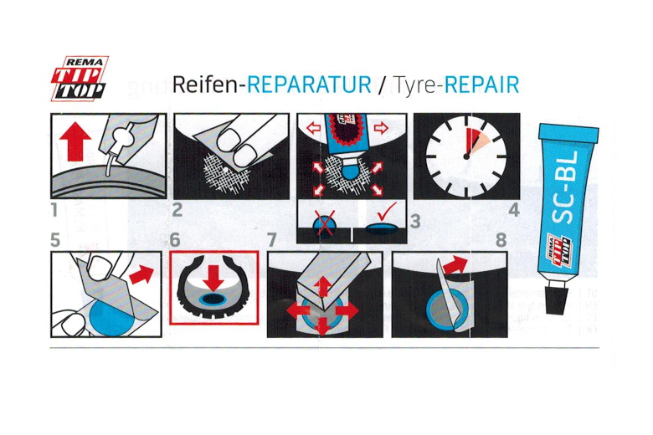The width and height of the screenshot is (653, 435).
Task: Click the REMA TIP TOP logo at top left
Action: coord(80,79)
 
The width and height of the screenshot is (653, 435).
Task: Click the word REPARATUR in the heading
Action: coord(309,84)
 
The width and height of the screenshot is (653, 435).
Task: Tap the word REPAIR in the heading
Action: coord(482,84)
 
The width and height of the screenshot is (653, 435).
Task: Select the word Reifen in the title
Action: coord(205,84)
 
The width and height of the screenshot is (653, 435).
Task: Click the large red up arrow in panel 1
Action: coord(75,141)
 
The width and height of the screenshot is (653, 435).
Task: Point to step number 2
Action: coord(177,209)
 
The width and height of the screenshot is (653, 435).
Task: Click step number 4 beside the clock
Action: coord(514,209)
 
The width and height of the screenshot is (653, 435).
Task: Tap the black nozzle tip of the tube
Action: coord(557,298)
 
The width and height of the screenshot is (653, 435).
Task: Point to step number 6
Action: coord(175,240)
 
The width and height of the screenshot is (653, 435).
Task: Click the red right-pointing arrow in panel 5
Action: coord(141,274)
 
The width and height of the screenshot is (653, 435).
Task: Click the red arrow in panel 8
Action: coord(455,265)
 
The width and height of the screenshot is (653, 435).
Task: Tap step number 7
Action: coord(271,240)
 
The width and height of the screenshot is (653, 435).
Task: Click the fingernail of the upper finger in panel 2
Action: coord(229,137)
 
